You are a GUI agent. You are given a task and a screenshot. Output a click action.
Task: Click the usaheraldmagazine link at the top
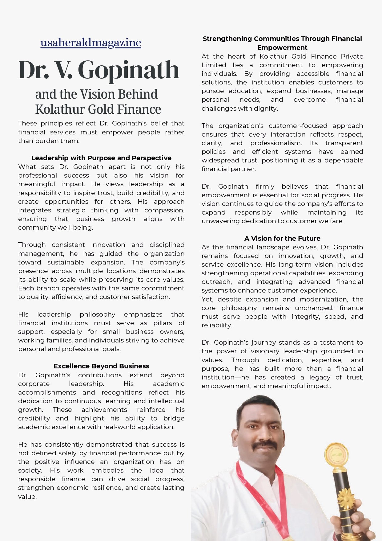point(91,43)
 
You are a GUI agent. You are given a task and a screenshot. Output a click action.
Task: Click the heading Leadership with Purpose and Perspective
point(101,158)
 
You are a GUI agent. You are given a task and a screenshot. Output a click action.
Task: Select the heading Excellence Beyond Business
point(101,366)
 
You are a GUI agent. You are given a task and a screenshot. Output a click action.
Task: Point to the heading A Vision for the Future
point(282,238)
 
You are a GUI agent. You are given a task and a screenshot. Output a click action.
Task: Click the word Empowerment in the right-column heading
point(282,48)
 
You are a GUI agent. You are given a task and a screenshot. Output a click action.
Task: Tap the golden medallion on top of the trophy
point(336,454)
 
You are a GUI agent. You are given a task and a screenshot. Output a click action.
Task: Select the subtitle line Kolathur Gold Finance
point(98,109)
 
